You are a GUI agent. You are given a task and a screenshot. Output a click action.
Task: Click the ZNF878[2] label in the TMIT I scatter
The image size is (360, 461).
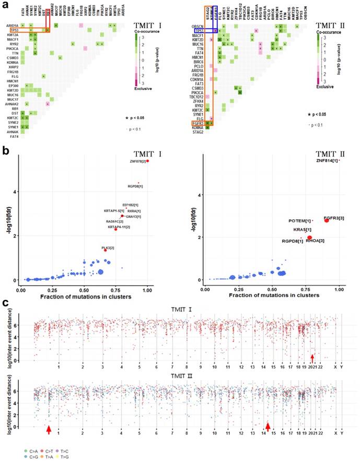coord(137,162)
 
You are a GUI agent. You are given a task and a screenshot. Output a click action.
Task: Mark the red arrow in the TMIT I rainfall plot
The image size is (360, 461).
coord(312,358)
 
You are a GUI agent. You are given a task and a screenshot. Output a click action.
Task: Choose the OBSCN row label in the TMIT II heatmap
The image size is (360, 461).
coord(196,26)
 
